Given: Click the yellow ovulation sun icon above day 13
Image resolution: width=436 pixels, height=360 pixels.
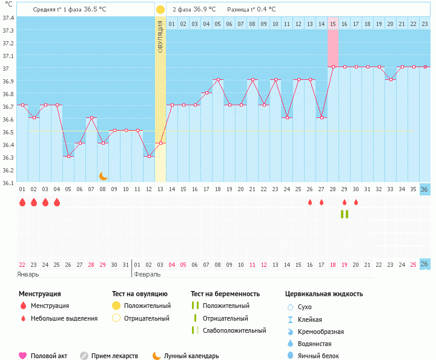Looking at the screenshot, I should click(x=160, y=10).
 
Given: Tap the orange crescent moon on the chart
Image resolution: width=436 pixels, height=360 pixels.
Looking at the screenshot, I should click(x=104, y=175).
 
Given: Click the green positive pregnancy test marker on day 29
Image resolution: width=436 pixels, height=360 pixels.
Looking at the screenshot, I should click(x=345, y=214).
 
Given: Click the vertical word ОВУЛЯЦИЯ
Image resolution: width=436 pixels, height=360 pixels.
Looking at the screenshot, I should click(x=160, y=36).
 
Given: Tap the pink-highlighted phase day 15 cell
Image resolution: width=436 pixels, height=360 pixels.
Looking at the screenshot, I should click(x=333, y=24).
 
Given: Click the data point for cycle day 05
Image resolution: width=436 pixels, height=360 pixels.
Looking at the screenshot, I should click(x=68, y=156).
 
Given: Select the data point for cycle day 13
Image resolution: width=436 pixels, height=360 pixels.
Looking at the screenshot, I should click(x=160, y=143).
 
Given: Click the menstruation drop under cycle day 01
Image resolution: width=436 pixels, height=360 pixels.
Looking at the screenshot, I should click(x=22, y=202).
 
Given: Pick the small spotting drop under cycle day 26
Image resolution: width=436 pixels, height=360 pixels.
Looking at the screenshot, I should click(x=310, y=202).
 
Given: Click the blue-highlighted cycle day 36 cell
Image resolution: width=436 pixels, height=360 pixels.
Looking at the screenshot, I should click(x=424, y=189).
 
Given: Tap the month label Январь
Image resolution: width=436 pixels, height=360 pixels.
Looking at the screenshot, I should click(x=28, y=274).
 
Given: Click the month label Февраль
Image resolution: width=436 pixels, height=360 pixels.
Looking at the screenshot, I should click(x=147, y=274).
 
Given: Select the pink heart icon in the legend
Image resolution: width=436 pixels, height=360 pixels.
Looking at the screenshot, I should click(x=23, y=356).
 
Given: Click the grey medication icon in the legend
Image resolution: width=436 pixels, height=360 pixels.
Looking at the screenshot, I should click(x=84, y=356).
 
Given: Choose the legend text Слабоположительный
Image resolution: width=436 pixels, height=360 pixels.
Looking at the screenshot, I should click(x=234, y=330).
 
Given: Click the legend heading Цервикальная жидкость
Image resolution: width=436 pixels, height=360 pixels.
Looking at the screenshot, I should click(x=324, y=294).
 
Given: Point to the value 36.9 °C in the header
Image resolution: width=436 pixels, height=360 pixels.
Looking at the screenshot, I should click(x=203, y=10).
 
